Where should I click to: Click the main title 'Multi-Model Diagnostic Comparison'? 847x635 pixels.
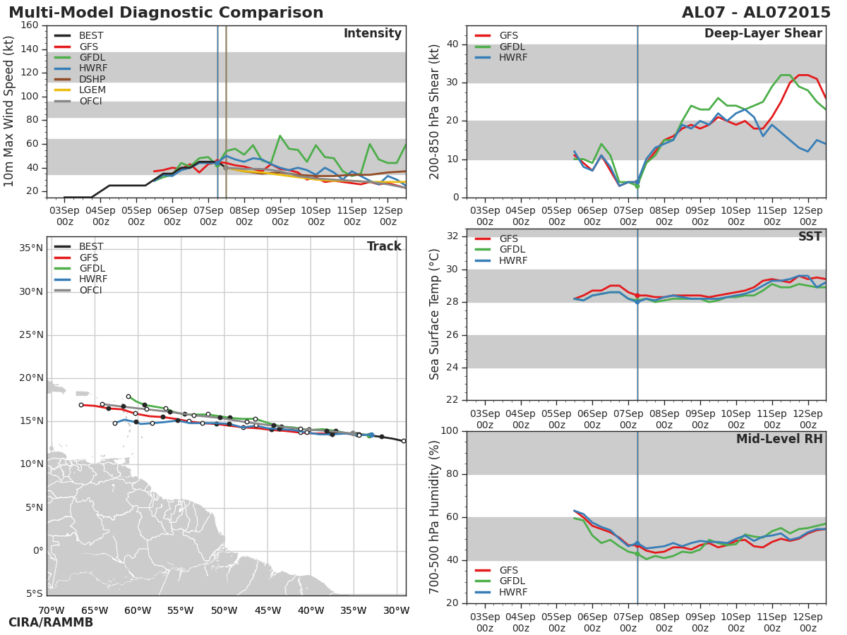pos(166,13)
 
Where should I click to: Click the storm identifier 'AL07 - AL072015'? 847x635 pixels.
pos(756,13)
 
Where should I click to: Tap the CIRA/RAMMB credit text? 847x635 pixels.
pos(51,622)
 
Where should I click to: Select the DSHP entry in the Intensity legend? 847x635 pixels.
pos(92,79)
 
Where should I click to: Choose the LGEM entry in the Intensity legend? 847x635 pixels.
pos(92,90)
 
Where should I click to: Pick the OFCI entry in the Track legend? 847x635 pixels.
pos(90,290)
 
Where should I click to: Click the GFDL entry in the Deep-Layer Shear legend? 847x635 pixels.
pos(512,47)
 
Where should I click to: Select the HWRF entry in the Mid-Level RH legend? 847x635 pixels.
pos(513,592)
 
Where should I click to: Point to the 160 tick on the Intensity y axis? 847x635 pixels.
pos(29,25)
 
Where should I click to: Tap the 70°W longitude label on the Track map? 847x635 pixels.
pos(51,610)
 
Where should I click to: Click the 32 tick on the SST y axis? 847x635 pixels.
pos(452,236)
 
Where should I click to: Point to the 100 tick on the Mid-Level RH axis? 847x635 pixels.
pos(449,431)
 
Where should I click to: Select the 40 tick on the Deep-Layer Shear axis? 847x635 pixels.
pos(452,44)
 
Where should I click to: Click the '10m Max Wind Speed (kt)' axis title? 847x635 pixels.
pos(9,111)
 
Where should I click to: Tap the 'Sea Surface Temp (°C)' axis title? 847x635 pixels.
pos(435,315)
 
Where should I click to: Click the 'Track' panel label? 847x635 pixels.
pos(384,246)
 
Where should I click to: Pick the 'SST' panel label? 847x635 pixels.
pos(810,237)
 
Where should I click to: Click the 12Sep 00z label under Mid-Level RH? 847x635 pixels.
pos(808,618)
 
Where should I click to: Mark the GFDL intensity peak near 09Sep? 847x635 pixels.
pos(280,135)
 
